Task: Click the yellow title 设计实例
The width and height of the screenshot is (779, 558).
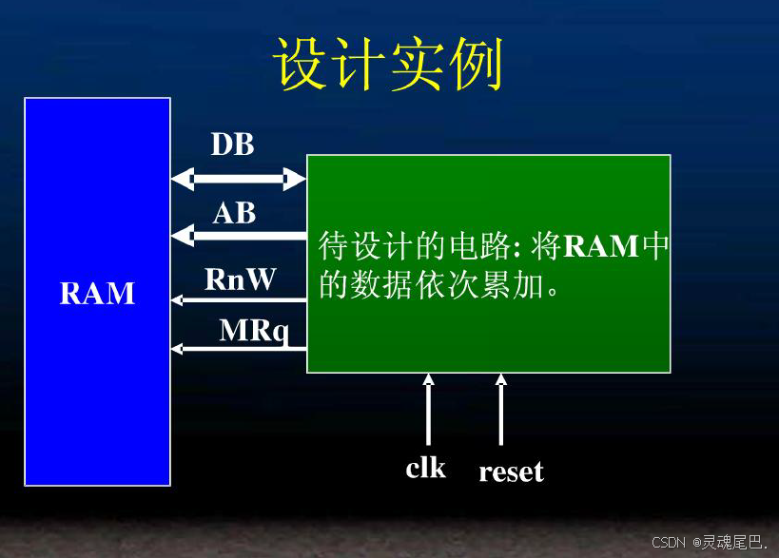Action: click(388, 65)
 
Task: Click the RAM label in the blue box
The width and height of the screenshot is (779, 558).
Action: click(98, 294)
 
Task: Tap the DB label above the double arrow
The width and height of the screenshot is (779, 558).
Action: click(233, 144)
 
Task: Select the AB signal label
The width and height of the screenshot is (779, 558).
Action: click(235, 213)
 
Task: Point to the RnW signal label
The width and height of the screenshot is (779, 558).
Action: click(240, 279)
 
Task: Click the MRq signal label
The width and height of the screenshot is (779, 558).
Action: click(254, 330)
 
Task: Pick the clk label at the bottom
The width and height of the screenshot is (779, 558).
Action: click(425, 468)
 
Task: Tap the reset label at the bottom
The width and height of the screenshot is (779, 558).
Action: click(511, 471)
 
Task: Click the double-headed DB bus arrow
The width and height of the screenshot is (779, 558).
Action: click(238, 178)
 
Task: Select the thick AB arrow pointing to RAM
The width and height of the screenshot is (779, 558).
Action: click(238, 235)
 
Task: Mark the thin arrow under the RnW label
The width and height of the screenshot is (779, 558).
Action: click(238, 300)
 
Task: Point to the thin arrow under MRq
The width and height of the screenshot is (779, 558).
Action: click(238, 349)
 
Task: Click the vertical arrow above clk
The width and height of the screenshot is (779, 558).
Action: click(428, 409)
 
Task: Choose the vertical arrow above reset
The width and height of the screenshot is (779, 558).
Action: click(501, 409)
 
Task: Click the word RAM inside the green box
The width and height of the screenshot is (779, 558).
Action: click(601, 247)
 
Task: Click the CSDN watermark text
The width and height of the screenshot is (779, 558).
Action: click(670, 542)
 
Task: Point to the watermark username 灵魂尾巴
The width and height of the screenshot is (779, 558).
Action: click(731, 542)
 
